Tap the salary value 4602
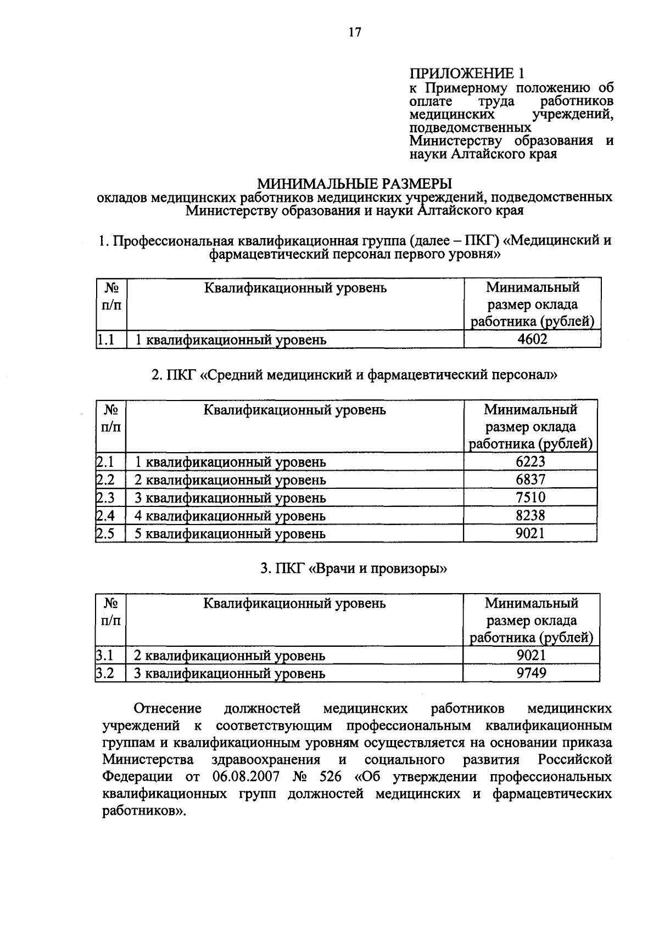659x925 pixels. (x=532, y=340)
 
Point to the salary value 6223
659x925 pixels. (x=530, y=462)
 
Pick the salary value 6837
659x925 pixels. (x=530, y=480)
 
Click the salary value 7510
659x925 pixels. (x=530, y=498)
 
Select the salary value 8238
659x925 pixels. (x=530, y=516)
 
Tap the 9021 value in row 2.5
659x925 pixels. (x=530, y=533)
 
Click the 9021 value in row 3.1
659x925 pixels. (x=531, y=655)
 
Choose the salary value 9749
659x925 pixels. (x=531, y=673)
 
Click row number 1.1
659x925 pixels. (x=106, y=340)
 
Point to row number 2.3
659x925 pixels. (x=105, y=498)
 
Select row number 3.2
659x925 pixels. (x=105, y=673)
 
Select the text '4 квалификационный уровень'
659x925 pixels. (x=231, y=516)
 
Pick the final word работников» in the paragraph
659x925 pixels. (x=144, y=812)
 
